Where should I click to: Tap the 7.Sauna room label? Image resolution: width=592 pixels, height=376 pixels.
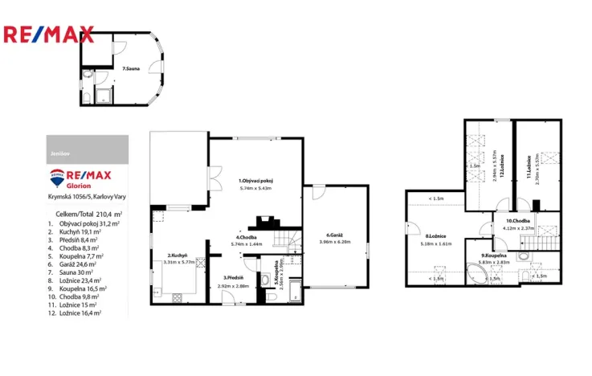129,71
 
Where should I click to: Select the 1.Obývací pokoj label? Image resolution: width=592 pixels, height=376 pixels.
256,182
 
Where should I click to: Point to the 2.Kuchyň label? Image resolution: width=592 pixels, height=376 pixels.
178,255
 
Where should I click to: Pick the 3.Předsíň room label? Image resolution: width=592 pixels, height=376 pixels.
235,278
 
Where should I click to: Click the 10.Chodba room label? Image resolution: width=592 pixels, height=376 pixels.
516,221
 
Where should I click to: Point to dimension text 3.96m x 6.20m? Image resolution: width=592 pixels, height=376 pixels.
336,242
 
